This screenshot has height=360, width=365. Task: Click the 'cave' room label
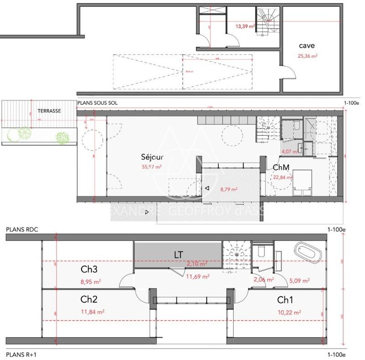(307, 46)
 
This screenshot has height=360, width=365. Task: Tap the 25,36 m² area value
(308, 57)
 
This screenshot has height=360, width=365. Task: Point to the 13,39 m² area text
(245, 26)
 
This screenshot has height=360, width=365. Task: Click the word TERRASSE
(49, 111)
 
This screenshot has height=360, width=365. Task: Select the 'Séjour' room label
(152, 157)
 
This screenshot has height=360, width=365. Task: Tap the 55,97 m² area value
(152, 167)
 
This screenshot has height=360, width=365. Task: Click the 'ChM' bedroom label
(280, 168)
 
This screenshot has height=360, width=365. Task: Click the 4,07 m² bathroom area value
(289, 151)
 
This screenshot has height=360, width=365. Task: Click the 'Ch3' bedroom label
(89, 270)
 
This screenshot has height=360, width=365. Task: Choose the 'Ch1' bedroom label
(285, 300)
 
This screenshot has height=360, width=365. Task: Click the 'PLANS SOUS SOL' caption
(98, 103)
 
